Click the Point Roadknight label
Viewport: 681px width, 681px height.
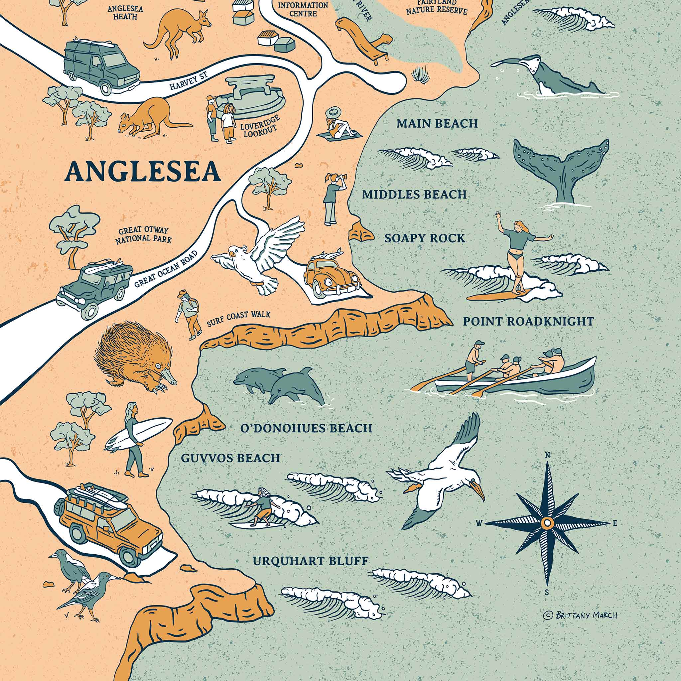coord(528,321)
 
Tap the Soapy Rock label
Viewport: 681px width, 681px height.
coord(424,238)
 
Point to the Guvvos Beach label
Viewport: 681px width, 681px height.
coord(230,458)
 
